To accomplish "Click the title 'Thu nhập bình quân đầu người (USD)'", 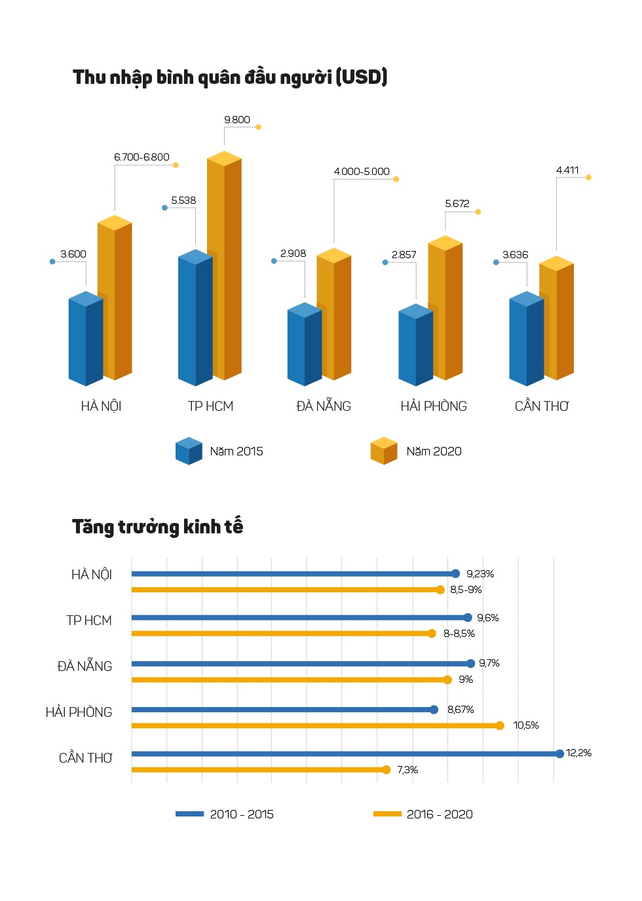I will (230, 77).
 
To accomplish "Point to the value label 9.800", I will (237, 120).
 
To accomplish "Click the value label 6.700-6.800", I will (142, 157).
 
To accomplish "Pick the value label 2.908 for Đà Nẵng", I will (293, 254).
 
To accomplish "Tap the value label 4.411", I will (567, 170).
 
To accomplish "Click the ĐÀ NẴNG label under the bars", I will (324, 406).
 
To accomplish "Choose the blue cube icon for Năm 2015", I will (189, 451).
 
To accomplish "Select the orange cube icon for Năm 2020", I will (384, 451).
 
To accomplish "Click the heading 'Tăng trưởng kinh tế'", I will (157, 527).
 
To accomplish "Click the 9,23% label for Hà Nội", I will (480, 574).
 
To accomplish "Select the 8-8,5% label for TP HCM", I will (459, 634).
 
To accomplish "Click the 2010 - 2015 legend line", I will (190, 814).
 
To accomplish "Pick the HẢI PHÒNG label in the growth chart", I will (79, 712).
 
